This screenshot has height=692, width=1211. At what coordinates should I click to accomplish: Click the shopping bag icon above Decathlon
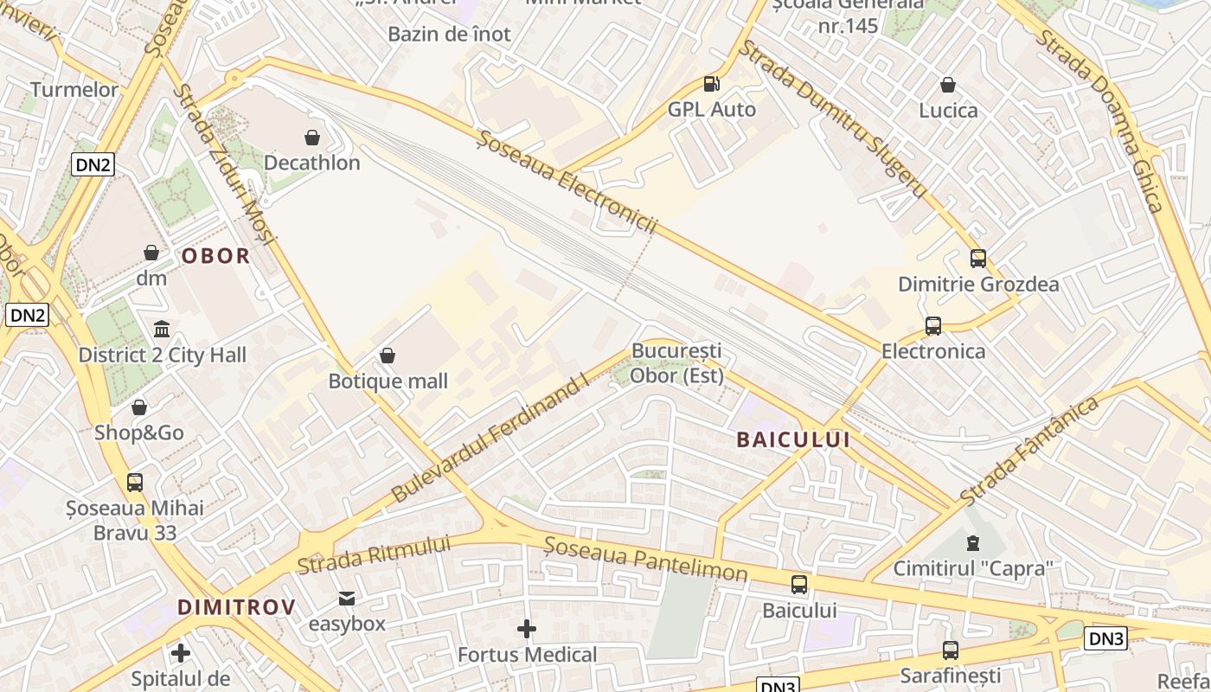(x=311, y=138)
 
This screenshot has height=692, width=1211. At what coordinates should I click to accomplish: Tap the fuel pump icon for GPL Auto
(x=711, y=84)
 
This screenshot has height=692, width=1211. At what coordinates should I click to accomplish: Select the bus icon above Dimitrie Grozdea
(x=977, y=259)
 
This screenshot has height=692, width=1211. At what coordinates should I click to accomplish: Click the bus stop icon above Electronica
(x=932, y=326)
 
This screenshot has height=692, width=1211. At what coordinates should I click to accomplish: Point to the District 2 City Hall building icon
(x=162, y=330)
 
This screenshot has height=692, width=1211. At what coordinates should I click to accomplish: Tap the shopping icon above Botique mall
(x=388, y=356)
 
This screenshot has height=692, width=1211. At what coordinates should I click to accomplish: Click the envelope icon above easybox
(x=347, y=598)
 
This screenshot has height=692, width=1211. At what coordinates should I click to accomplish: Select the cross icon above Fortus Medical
(x=526, y=629)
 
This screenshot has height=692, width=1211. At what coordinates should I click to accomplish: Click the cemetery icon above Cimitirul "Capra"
(x=973, y=543)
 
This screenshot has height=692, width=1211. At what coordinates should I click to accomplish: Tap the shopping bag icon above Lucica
(x=948, y=85)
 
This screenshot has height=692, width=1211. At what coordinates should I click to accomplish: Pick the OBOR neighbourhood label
(x=215, y=256)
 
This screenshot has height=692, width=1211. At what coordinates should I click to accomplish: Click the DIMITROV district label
(x=236, y=607)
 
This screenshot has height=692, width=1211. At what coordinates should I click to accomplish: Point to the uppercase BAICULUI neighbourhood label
(x=792, y=439)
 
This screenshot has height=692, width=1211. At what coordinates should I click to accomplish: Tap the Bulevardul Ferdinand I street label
(x=490, y=437)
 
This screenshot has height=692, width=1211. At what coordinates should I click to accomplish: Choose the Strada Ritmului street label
(x=374, y=554)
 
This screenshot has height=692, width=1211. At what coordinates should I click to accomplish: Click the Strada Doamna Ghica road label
(x=1101, y=120)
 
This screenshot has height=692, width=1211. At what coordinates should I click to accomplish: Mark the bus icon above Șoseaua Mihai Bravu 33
(x=135, y=483)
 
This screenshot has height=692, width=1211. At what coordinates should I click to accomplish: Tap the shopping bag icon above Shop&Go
(x=138, y=407)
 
